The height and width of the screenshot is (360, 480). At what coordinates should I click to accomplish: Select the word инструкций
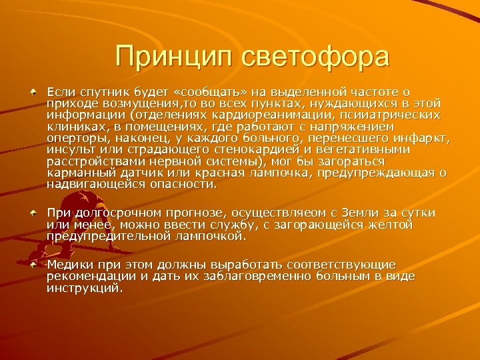[x=85, y=288]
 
